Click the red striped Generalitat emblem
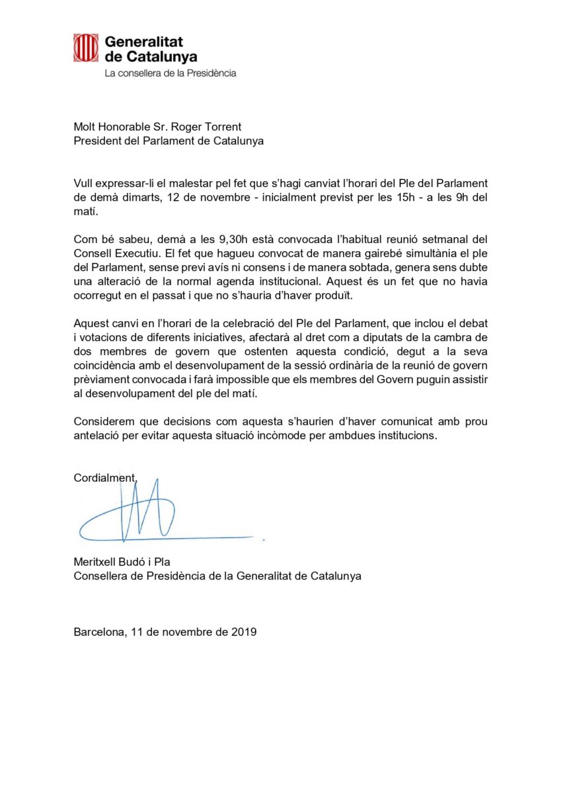[85, 48]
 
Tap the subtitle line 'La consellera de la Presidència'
[170, 73]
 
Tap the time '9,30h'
[198, 239]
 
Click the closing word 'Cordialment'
[104, 478]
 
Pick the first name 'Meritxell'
[95, 562]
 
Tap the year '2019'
[243, 631]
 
